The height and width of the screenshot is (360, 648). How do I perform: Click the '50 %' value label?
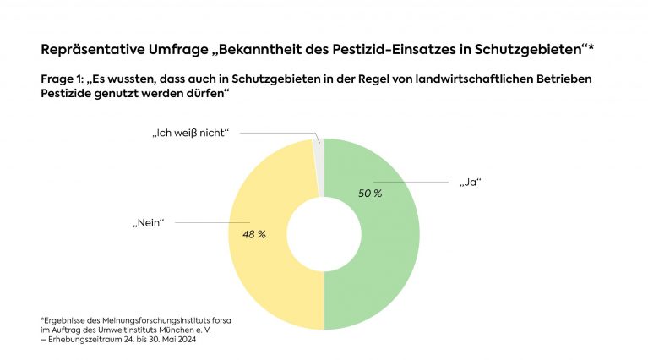[369, 194]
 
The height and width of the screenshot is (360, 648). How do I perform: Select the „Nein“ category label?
[147, 222]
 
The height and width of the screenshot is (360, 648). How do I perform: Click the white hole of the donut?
[324, 234]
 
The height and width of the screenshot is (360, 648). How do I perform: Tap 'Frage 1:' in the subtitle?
[64, 79]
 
